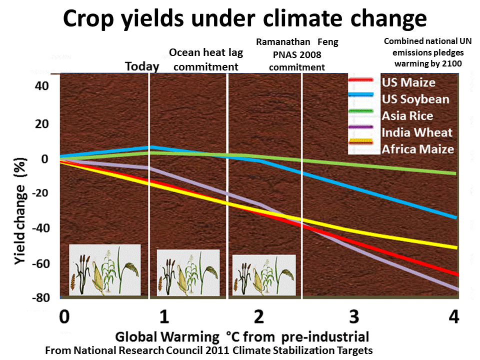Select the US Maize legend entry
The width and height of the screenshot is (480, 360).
click(x=408, y=82)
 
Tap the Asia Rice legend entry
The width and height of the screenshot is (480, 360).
click(x=407, y=116)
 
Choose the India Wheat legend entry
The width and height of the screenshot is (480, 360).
click(x=416, y=132)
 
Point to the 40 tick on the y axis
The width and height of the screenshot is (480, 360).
click(x=42, y=86)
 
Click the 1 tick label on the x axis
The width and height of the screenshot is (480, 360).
click(x=163, y=317)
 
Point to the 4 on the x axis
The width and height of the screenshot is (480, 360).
click(x=453, y=317)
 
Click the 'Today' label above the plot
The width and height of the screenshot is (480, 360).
click(x=142, y=66)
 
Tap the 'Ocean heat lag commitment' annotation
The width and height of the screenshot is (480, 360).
click(x=203, y=59)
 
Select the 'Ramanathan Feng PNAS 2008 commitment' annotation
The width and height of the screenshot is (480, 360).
click(x=297, y=54)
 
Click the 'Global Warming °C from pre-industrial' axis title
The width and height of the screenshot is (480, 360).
click(x=242, y=336)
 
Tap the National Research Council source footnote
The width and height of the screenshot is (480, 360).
click(x=209, y=350)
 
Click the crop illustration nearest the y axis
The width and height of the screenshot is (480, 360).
click(x=104, y=270)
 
